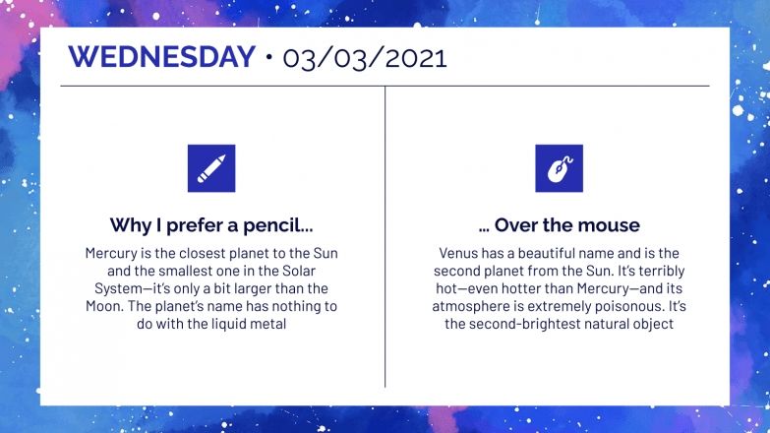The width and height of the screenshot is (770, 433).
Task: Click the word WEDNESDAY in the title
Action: coord(162,56)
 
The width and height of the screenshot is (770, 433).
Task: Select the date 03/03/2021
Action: coord(365,57)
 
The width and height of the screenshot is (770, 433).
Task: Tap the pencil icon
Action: coord(210,167)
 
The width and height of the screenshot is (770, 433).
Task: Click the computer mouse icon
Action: coord(559,167)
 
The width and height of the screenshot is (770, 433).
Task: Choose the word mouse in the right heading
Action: coord(609,225)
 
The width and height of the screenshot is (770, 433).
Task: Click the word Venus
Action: coord(457,254)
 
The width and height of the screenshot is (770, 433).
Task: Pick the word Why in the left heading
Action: coord(129,225)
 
